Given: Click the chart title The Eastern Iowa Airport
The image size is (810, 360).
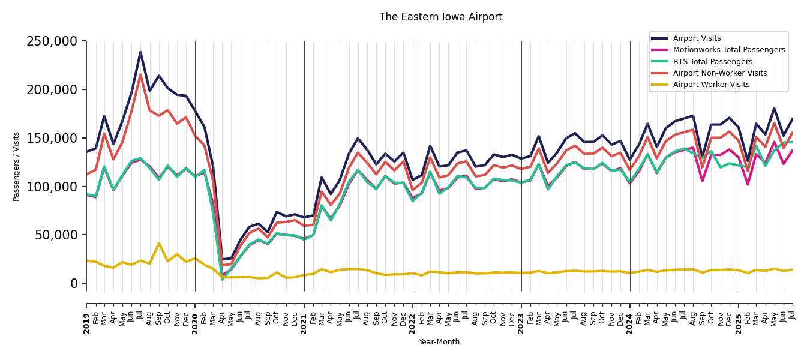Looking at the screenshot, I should point(440,17).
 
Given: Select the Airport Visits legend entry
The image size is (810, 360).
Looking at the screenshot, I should point(697,38).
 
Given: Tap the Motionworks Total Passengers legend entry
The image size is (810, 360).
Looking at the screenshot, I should point(728,50).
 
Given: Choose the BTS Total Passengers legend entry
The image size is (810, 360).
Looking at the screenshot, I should point(712,62).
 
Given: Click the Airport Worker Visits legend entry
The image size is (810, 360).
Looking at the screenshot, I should point(711,85).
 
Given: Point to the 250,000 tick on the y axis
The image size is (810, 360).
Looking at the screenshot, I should point(52,41).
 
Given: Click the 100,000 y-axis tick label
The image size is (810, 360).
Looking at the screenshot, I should point(52,187).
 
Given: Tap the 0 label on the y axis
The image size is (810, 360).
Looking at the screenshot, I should point(74,283).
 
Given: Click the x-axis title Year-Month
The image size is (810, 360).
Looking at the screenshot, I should point(439,342).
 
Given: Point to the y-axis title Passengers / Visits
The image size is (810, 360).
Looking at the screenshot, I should point(17,166).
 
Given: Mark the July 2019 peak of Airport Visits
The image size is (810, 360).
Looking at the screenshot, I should point(140,52).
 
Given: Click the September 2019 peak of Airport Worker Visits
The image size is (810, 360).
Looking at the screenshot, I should point(159,243).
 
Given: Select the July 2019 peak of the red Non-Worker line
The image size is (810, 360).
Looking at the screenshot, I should point(140,74).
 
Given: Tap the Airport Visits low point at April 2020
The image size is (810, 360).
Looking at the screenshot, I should point(222,260).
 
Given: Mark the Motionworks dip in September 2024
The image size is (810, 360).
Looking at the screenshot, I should point(702,181).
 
